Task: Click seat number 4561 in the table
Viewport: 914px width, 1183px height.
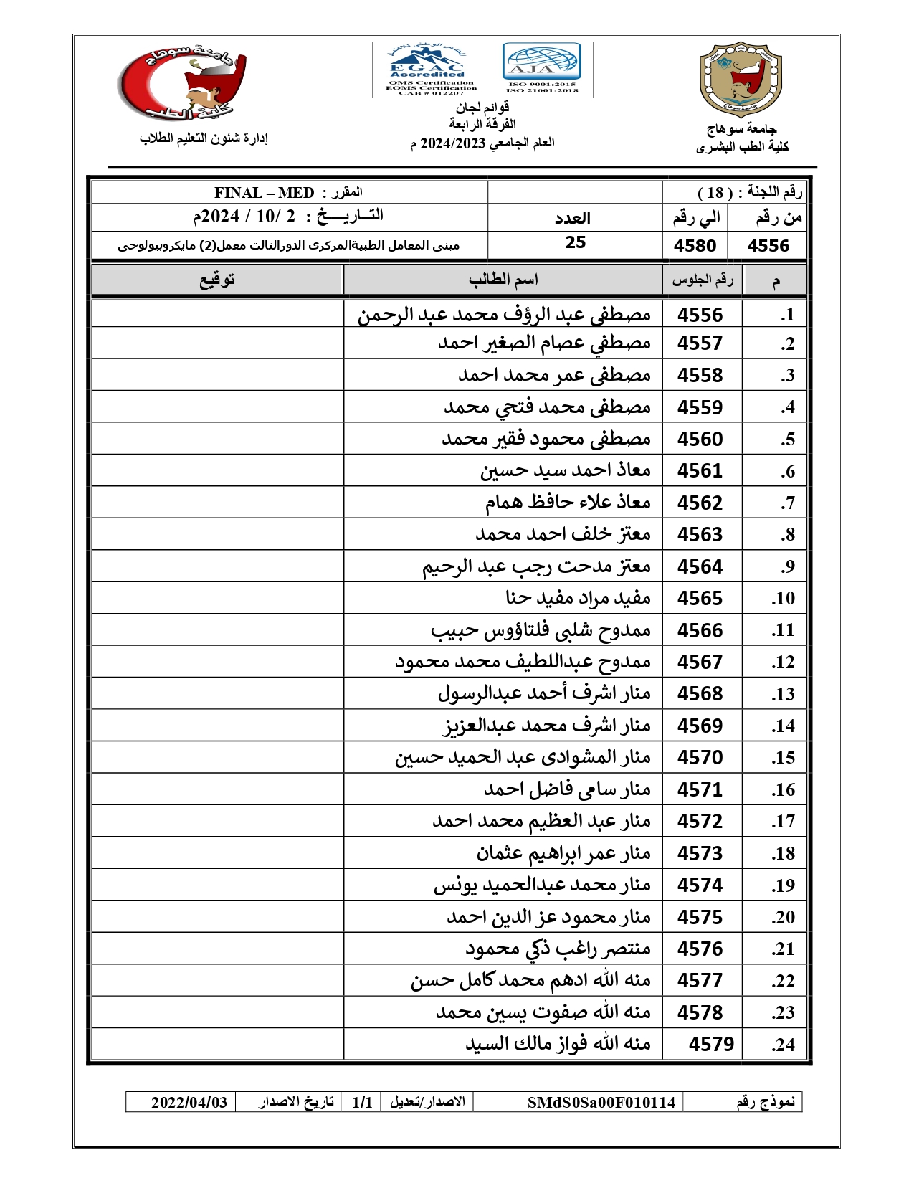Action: click(700, 471)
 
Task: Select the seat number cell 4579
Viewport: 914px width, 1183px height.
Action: click(711, 1044)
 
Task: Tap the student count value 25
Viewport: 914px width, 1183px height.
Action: click(575, 242)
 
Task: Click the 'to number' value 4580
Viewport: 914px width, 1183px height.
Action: click(695, 246)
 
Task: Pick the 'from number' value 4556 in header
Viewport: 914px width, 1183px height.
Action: click(768, 246)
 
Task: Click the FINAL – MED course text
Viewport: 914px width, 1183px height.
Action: click(264, 193)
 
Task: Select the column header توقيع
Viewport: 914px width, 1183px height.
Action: click(216, 280)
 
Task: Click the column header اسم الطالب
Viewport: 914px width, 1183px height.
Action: click(503, 280)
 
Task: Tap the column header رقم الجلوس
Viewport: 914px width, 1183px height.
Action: click(703, 280)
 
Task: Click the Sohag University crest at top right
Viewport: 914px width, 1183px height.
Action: click(740, 80)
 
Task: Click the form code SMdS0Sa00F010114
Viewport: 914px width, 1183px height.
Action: click(601, 1103)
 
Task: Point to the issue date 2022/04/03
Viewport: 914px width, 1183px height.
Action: click(189, 1103)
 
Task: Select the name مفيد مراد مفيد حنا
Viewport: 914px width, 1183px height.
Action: click(578, 598)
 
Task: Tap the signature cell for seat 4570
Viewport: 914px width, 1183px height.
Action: click(217, 758)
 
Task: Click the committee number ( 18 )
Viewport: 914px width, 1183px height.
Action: click(715, 193)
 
